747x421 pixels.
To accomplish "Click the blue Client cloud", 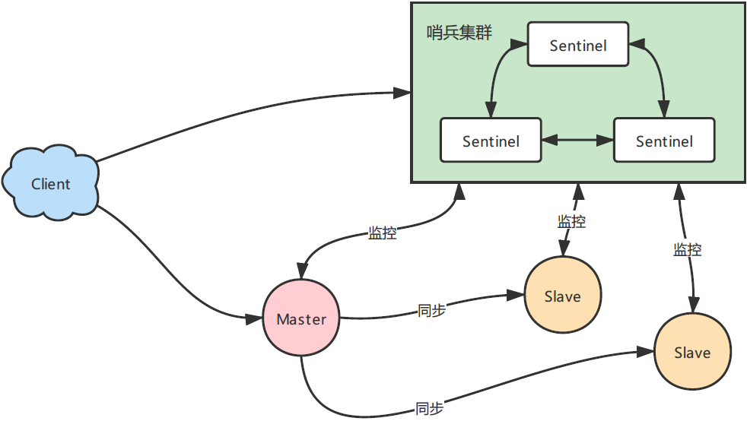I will click(x=51, y=184).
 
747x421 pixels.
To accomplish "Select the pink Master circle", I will click(x=301, y=319).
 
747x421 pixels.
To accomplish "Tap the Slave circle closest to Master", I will click(x=563, y=296).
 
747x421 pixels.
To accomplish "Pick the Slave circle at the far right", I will click(x=692, y=353).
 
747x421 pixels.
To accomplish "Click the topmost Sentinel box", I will click(x=578, y=46).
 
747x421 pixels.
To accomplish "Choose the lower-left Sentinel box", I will click(x=491, y=141).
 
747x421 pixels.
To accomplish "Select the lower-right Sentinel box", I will click(x=664, y=141).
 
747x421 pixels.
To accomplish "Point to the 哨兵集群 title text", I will click(x=459, y=33).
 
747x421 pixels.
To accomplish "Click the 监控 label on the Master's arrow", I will click(x=382, y=233).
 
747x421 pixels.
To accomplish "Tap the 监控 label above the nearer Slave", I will click(x=571, y=222).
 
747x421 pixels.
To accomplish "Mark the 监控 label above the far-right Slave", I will click(x=687, y=249).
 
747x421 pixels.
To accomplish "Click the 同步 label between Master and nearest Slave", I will click(x=431, y=310).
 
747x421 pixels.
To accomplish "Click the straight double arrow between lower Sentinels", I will click(x=577, y=141).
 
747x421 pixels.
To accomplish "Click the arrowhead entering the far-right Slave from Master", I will click(x=647, y=353).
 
